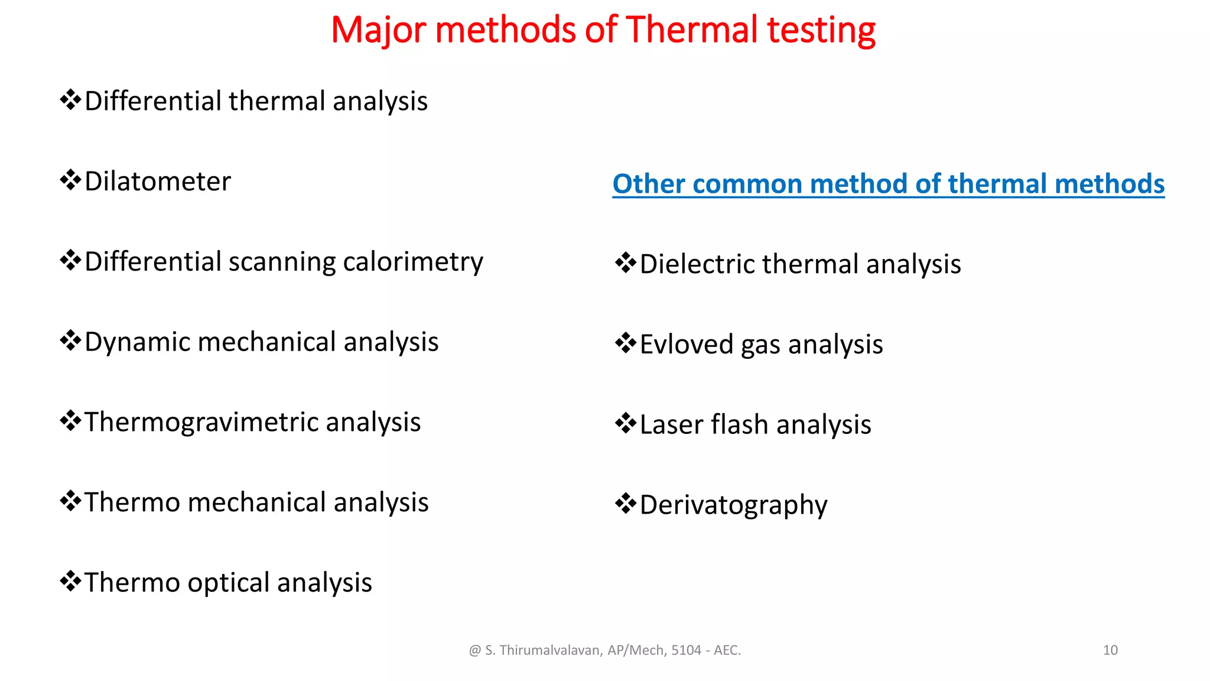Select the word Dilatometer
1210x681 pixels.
(158, 181)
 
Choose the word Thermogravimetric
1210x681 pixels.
(201, 423)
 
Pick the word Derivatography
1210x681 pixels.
(733, 505)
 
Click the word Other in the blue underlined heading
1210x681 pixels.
(649, 184)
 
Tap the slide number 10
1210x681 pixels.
(1110, 650)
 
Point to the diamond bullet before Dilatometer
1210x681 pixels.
(70, 180)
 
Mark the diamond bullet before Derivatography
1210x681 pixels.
(626, 504)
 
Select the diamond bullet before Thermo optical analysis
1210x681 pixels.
(70, 581)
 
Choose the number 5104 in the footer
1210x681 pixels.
(685, 650)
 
